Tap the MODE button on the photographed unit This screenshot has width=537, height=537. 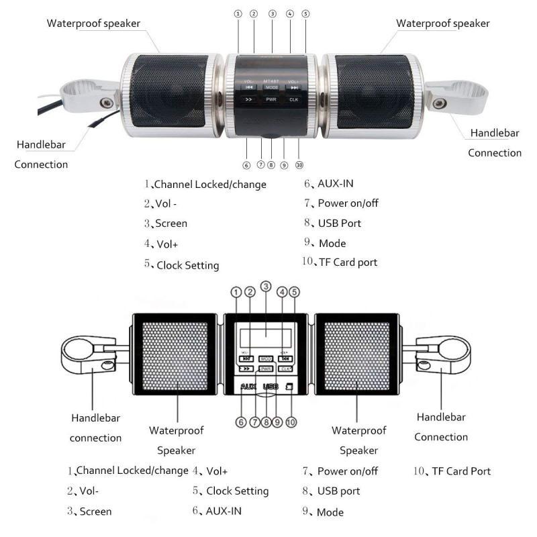271,87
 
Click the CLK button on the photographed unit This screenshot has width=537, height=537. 293,99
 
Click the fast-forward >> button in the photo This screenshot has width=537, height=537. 249,99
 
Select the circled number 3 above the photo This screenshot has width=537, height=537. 272,13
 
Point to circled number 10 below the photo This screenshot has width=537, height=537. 299,164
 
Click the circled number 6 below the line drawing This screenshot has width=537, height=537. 240,422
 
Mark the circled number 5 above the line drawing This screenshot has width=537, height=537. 294,292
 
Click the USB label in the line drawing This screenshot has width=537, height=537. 271,387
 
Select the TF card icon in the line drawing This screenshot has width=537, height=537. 289,387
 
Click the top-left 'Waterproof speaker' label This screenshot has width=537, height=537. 93,23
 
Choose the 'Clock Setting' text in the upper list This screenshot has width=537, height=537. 187,265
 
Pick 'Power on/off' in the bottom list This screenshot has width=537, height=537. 347,471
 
